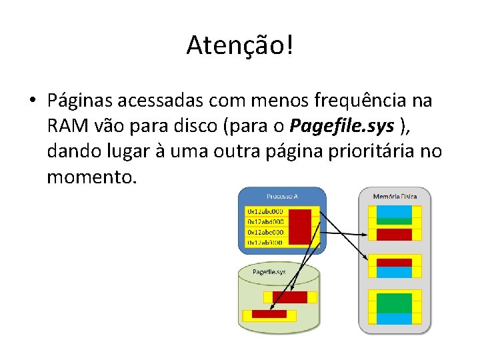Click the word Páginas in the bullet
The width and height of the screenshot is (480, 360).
(81, 101)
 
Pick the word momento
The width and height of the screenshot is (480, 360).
(91, 177)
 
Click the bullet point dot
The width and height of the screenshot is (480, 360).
(31, 102)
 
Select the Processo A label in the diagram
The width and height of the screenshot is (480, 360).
(282, 196)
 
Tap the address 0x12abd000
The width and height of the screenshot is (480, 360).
(266, 221)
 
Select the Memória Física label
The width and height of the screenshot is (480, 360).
(395, 196)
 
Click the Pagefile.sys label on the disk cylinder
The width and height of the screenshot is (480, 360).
(269, 271)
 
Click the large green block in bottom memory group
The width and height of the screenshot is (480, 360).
(394, 303)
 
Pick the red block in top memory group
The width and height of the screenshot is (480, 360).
(394, 234)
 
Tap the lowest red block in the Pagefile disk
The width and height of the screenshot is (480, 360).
(269, 313)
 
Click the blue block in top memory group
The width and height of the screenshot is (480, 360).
(394, 211)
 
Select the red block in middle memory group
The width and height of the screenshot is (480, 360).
(394, 262)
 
